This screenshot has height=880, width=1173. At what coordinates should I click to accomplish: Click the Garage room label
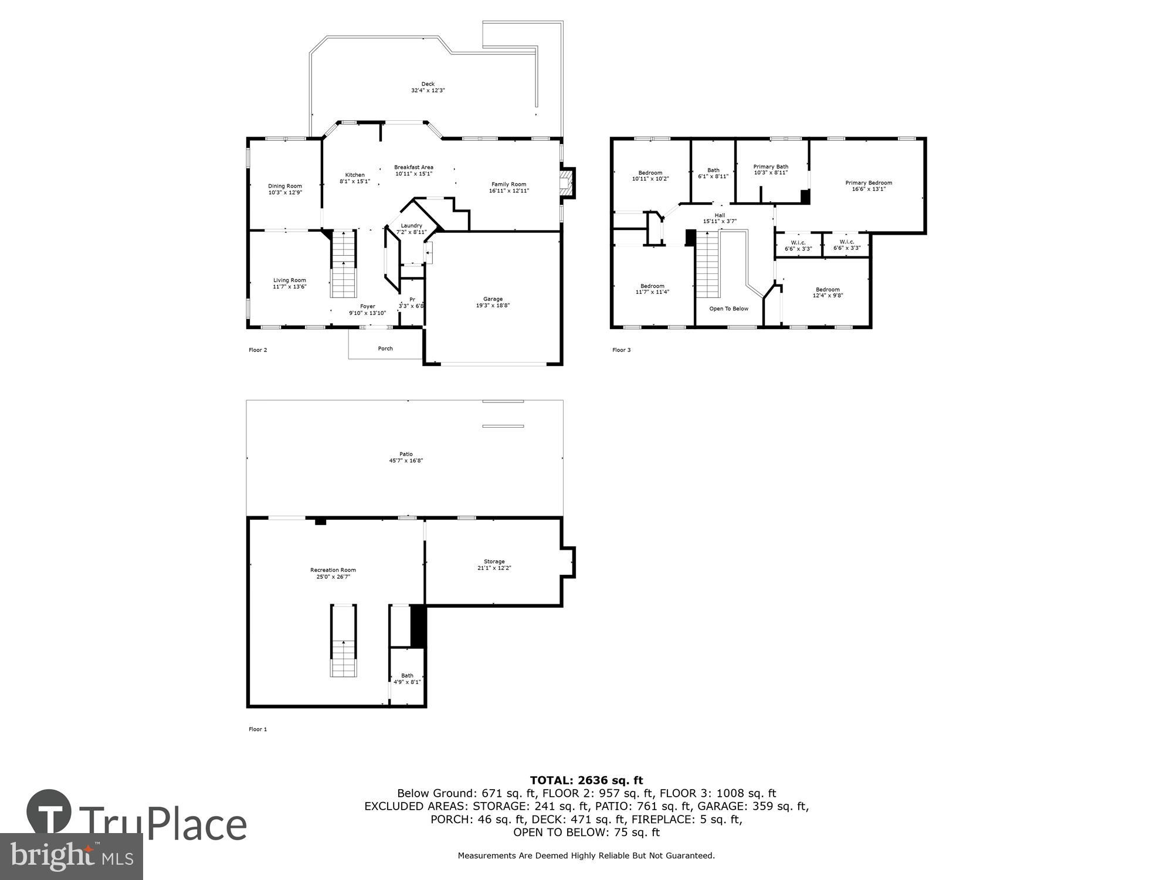pyautogui.click(x=493, y=299)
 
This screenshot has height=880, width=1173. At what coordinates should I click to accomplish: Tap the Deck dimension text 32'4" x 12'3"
pyautogui.click(x=428, y=91)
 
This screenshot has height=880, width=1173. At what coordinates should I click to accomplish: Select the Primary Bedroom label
pyautogui.click(x=869, y=182)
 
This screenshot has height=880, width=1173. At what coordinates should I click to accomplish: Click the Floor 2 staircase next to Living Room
pyautogui.click(x=344, y=264)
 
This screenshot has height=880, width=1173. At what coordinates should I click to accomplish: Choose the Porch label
pyautogui.click(x=385, y=348)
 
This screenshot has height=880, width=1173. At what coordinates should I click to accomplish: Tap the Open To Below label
pyautogui.click(x=728, y=309)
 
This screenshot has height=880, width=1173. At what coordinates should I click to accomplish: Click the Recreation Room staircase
pyautogui.click(x=343, y=641)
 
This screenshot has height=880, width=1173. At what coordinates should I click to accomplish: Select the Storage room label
pyautogui.click(x=494, y=561)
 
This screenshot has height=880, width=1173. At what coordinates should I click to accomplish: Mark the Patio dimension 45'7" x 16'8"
pyautogui.click(x=406, y=461)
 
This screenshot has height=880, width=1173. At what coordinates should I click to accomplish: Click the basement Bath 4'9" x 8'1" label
pyautogui.click(x=407, y=679)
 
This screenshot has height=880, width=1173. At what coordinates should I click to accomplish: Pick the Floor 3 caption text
pyautogui.click(x=621, y=350)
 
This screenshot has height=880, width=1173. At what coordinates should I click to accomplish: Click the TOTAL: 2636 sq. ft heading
pyautogui.click(x=586, y=780)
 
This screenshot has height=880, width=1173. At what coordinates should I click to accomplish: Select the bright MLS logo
pyautogui.click(x=71, y=857)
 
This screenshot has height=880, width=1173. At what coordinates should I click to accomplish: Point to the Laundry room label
pyautogui.click(x=411, y=226)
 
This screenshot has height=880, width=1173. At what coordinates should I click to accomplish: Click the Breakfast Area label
pyautogui.click(x=413, y=167)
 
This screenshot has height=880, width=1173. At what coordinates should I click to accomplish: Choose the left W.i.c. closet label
pyautogui.click(x=798, y=242)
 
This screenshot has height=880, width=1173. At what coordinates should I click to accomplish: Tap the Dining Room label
pyautogui.click(x=285, y=186)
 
